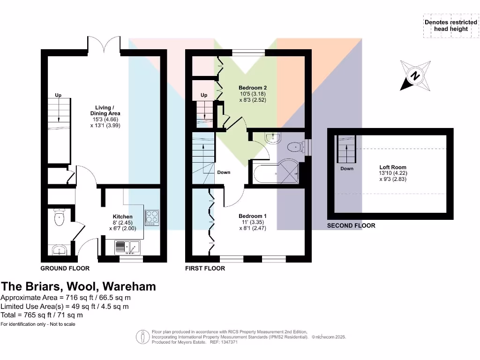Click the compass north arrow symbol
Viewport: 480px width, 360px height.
415,75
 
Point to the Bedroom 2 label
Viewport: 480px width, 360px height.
253,88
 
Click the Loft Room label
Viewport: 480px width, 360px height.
393,167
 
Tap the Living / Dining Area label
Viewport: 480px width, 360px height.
105,111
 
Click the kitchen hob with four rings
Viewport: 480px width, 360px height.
152,217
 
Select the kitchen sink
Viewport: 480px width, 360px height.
127,246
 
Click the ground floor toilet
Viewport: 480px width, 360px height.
60,217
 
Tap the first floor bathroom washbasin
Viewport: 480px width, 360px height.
272,138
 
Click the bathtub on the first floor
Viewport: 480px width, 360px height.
277,172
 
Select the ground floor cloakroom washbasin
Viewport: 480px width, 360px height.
59,250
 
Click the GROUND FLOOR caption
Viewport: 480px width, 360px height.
65,269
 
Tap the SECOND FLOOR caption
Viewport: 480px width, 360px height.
351,225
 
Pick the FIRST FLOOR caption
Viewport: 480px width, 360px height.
205,269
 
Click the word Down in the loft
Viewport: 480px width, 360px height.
347,169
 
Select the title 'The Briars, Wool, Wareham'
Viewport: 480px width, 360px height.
78,286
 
